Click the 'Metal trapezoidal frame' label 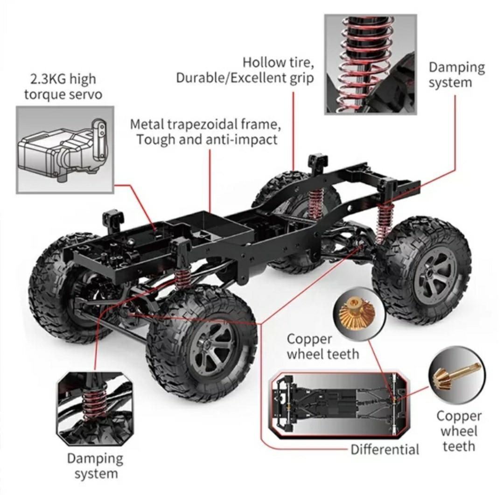pyautogui.click(x=206, y=125)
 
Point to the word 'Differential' pyautogui.click(x=385, y=449)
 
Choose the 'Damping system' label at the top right pyautogui.click(x=456, y=75)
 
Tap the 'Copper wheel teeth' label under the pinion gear pyautogui.click(x=459, y=431)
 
